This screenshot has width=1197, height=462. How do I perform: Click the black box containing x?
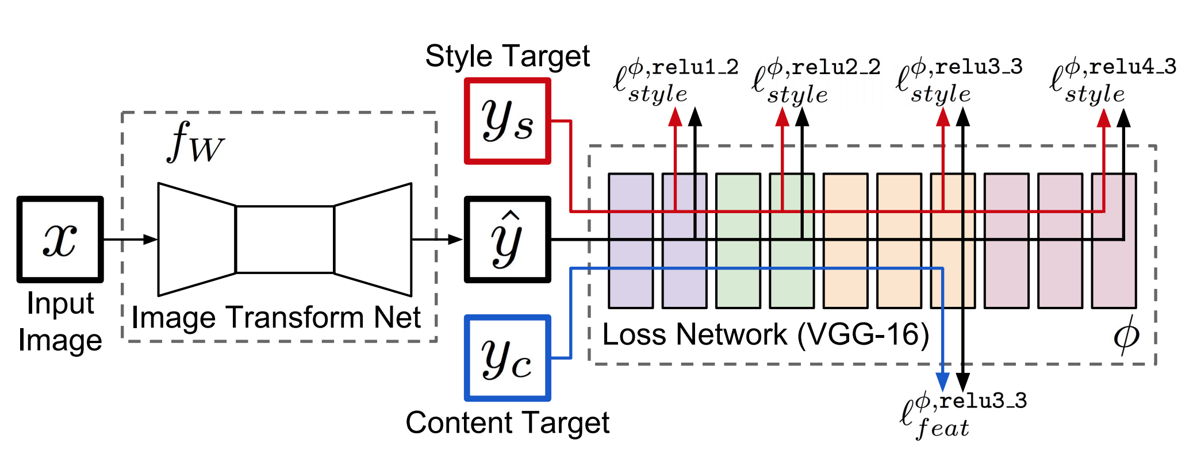point(60,239)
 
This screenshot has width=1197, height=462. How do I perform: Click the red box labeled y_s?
point(507,121)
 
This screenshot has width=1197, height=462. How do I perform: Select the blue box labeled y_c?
point(507,357)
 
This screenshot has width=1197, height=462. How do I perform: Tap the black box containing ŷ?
point(507,239)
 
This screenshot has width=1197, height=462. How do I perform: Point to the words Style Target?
point(507,56)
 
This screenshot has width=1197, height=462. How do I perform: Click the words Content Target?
point(507,423)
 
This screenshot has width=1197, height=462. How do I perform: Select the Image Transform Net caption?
point(276,317)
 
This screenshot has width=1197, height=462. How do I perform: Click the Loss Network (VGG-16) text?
point(765,334)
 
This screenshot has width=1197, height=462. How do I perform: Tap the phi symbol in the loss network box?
point(1126,334)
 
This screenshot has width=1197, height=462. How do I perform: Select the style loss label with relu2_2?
point(815,80)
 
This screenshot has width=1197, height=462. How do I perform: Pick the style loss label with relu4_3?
point(1112,80)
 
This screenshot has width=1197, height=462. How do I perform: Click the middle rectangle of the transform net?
point(285,239)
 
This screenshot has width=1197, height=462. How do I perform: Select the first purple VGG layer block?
point(631,240)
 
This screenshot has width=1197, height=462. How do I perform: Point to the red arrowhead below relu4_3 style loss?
point(1103,118)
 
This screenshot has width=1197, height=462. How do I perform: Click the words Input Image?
point(60,322)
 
